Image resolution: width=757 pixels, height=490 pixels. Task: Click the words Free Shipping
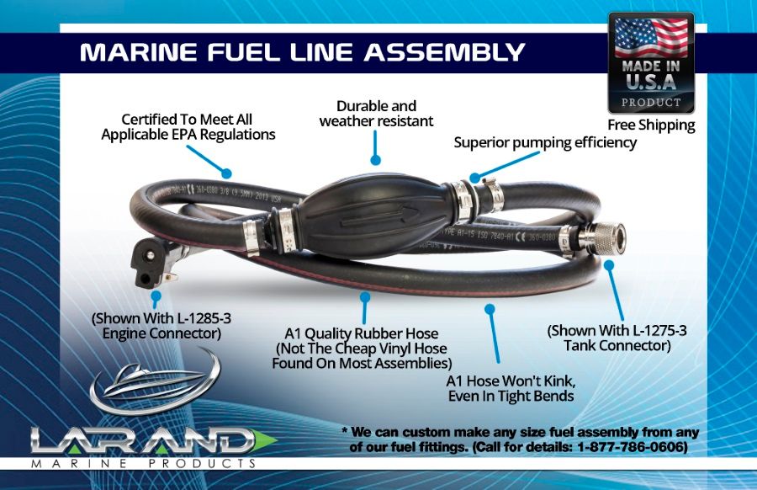point(651,125)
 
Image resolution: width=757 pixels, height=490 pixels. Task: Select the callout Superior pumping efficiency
point(545,142)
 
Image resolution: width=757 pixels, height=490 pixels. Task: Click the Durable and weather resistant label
point(376,114)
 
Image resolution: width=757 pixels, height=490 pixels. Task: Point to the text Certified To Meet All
point(187,120)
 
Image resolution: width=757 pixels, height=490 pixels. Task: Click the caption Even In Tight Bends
point(510,396)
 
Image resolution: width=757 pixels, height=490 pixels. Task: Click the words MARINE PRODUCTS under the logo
point(143,464)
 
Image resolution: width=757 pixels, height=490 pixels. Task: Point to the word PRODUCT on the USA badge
point(651,103)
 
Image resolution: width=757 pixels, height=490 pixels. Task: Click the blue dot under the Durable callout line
point(375,158)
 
